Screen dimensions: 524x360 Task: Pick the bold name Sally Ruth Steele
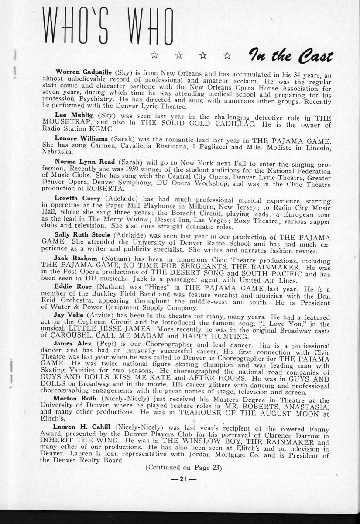coord(83,234)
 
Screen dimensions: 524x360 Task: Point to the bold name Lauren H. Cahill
coord(82,426)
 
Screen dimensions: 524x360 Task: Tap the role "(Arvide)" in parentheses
coord(103,314)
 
